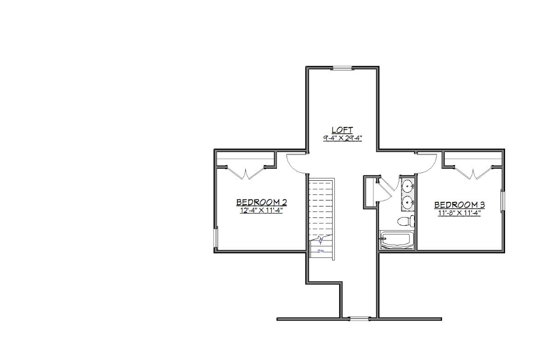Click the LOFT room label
342,130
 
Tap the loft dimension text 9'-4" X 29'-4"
342,138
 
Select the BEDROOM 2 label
261,202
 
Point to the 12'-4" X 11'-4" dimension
261,211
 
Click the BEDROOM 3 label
460,205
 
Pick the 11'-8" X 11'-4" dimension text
460,213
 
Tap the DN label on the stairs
321,251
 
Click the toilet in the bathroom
406,221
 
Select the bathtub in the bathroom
397,240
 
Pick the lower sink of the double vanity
408,202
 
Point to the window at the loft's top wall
343,68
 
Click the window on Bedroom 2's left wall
216,237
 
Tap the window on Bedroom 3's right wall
502,201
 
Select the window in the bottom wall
360,319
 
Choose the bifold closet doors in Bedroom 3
473,173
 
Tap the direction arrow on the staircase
320,240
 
